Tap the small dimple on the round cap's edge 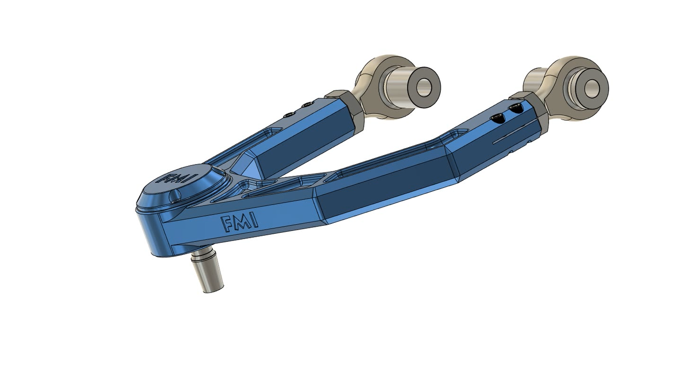coord(175,198)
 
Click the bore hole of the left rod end coord(424,87)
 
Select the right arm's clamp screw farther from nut coord(497,119)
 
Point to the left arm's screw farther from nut coord(288,115)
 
